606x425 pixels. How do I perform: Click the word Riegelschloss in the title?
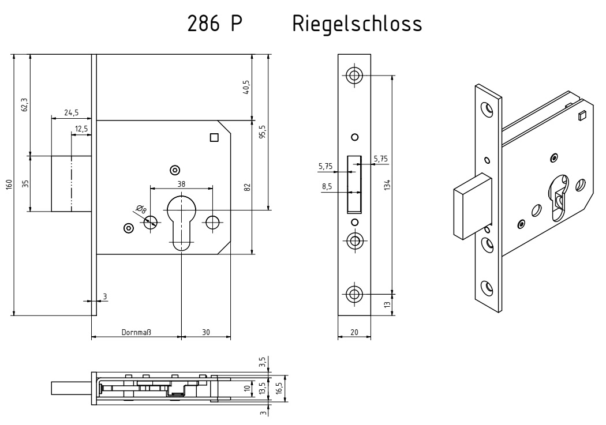357,24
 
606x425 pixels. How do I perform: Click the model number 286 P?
215,24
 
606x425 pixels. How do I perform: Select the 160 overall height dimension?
9,184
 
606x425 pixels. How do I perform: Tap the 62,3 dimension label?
25,104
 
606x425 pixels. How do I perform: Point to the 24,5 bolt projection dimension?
72,112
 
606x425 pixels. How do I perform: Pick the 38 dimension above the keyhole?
181,184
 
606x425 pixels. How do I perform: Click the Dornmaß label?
136,332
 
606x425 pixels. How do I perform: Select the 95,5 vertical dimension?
263,132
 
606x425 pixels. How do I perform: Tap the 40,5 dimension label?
246,88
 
